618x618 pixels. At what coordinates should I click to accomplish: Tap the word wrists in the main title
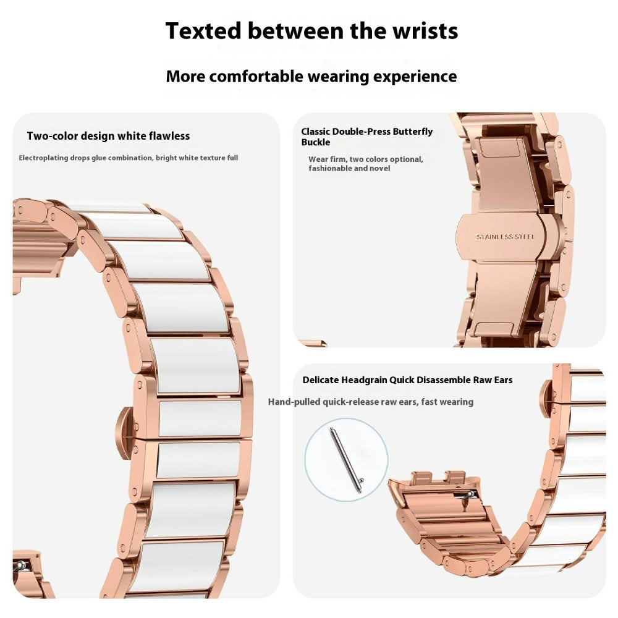[x=420, y=30]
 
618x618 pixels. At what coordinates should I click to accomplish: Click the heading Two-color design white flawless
[x=108, y=136]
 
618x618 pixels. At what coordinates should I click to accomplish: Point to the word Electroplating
[x=44, y=158]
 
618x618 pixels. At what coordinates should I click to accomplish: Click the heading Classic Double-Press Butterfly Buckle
[x=366, y=137]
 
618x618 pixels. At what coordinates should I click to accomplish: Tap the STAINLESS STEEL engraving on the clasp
[x=505, y=237]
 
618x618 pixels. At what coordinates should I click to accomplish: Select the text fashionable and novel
[x=349, y=168]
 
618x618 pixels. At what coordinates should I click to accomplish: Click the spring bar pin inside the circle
[x=346, y=460]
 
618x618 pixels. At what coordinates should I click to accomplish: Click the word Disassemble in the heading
[x=444, y=380]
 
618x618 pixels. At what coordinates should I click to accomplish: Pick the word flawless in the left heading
[x=169, y=136]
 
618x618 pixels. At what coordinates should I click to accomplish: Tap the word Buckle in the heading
[x=315, y=142]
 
